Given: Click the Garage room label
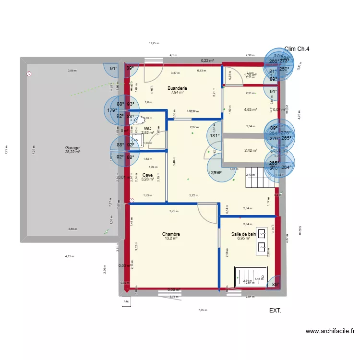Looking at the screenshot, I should pyautogui.click(x=73, y=148).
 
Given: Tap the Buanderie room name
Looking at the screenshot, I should pyautogui.click(x=177, y=88).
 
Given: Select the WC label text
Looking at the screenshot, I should pyautogui.click(x=148, y=128).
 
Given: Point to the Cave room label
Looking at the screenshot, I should pyautogui.click(x=148, y=175).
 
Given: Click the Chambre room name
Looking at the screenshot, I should pyautogui.click(x=170, y=234).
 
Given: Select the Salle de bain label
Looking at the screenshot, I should pyautogui.click(x=244, y=234).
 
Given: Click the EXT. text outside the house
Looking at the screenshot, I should pyautogui.click(x=275, y=311).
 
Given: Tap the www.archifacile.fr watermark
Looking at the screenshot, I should pyautogui.click(x=330, y=331).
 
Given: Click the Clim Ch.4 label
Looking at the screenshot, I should pyautogui.click(x=297, y=48).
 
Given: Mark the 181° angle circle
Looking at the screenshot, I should pyautogui.click(x=215, y=135).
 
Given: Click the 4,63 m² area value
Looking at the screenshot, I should pyautogui.click(x=251, y=109).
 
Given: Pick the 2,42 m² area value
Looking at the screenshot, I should pyautogui.click(x=251, y=150).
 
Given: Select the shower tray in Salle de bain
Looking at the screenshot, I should pyautogui.click(x=249, y=277).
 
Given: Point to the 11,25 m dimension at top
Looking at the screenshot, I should pyautogui.click(x=154, y=43).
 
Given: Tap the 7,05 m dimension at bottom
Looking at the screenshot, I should pyautogui.click(x=203, y=310).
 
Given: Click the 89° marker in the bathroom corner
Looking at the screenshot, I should pyautogui.click(x=276, y=284).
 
